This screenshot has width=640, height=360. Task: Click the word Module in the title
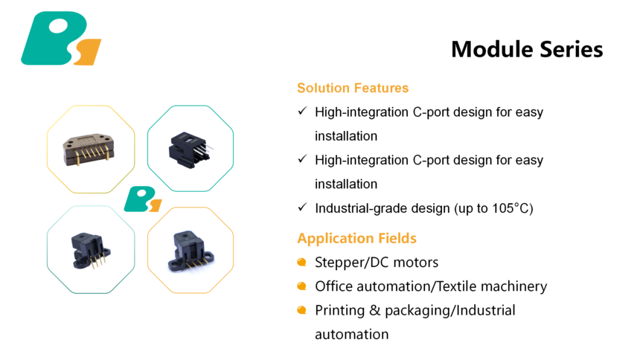[x=492, y=49]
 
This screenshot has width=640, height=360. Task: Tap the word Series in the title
[x=572, y=49]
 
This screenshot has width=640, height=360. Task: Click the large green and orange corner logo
[x=61, y=39]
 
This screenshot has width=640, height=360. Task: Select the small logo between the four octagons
[x=143, y=199]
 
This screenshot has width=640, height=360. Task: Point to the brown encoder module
[x=89, y=149]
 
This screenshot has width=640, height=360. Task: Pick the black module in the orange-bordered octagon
[x=191, y=251]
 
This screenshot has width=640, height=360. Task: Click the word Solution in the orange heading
[x=323, y=88]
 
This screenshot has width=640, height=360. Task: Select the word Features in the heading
[x=381, y=88]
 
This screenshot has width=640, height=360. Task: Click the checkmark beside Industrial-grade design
[x=302, y=208]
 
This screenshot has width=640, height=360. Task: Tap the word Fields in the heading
[x=397, y=238]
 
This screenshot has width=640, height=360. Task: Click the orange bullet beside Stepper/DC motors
[x=301, y=262]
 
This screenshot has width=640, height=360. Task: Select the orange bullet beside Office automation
[x=301, y=286]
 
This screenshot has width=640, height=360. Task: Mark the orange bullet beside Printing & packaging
[x=301, y=310]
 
